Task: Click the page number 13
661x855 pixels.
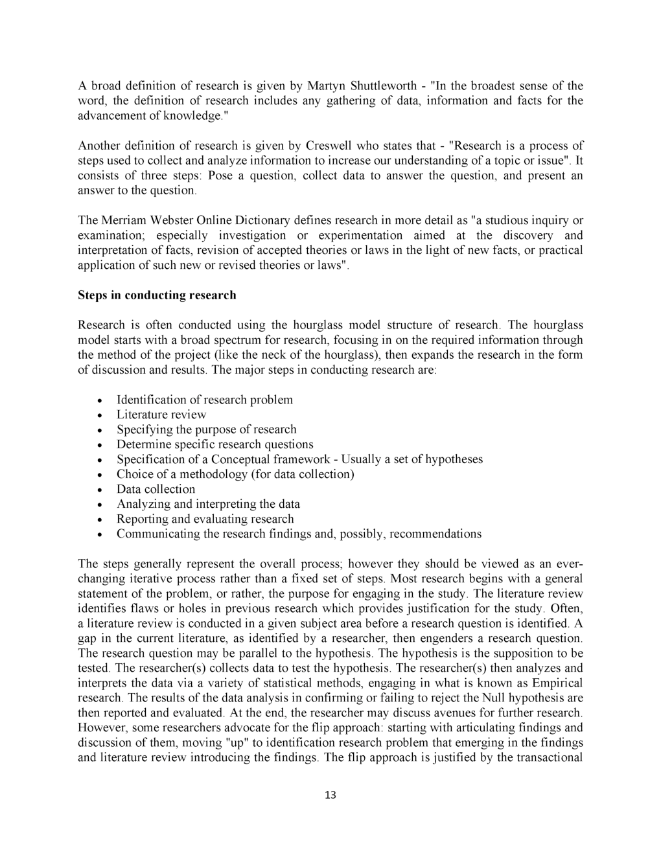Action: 330,795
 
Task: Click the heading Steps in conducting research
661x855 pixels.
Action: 157,295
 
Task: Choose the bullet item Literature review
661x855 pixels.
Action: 161,415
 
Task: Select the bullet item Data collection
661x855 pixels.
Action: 156,489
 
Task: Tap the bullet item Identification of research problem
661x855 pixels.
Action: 204,400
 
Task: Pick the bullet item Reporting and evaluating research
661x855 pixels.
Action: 205,519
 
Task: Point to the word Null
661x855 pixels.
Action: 495,698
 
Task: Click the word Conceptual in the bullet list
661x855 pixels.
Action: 249,459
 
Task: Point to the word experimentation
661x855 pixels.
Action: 359,236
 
